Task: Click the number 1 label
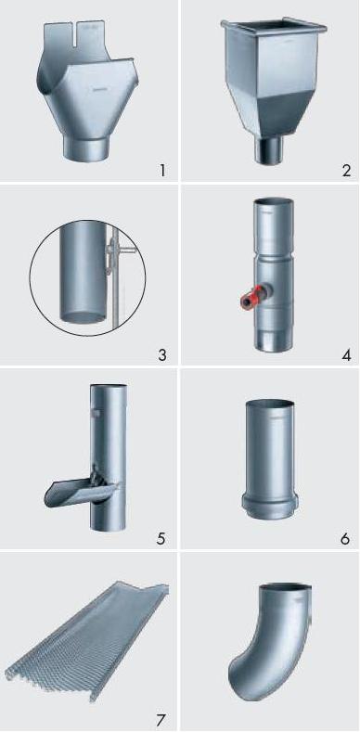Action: click(x=162, y=171)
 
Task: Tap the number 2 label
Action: click(x=346, y=171)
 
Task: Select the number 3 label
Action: click(x=162, y=354)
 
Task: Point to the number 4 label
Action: click(x=346, y=354)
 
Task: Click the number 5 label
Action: click(x=161, y=538)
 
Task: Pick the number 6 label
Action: click(x=345, y=538)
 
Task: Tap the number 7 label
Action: click(x=161, y=720)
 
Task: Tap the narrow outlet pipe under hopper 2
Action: click(x=268, y=150)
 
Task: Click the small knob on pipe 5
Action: click(x=96, y=413)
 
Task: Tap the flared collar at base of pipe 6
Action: click(x=269, y=507)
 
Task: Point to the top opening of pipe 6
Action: click(x=270, y=404)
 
